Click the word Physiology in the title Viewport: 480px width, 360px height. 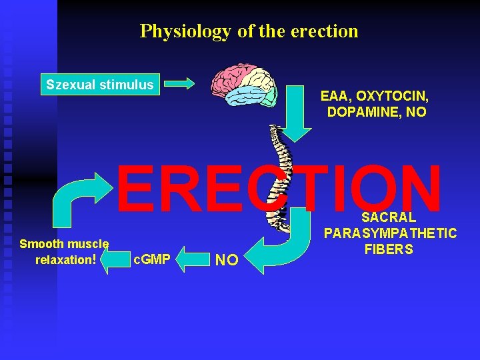[175, 31]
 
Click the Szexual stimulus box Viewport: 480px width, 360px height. [99, 85]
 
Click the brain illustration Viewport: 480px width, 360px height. [242, 85]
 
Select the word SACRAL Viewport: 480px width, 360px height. [389, 217]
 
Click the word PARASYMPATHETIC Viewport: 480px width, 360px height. [390, 233]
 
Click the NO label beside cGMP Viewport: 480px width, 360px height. [227, 260]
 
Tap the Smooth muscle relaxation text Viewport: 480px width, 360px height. [65, 251]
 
